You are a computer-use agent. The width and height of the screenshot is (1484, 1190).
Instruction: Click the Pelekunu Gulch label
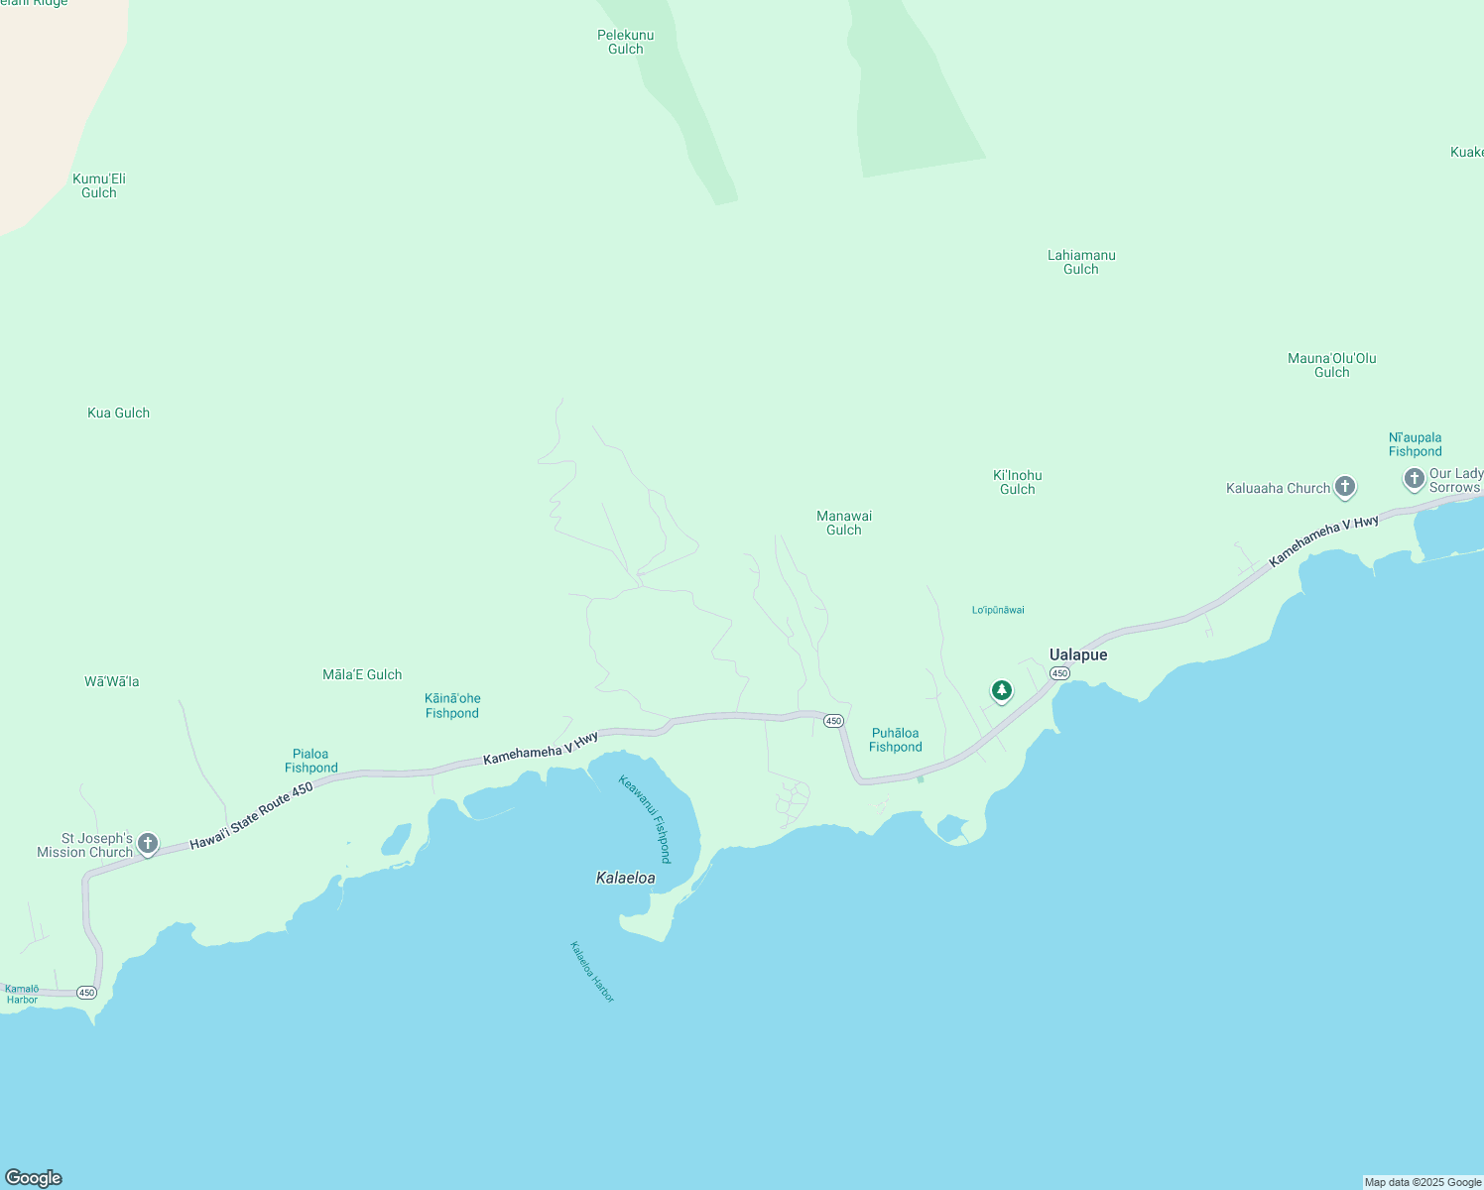click(626, 42)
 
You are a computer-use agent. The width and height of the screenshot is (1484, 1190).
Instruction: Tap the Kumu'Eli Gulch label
click(99, 185)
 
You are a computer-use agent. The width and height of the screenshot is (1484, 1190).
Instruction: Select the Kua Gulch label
click(118, 413)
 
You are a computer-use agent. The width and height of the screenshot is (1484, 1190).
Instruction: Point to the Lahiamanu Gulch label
click(1081, 262)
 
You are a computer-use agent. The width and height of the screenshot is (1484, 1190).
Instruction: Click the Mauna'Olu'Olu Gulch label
click(1331, 365)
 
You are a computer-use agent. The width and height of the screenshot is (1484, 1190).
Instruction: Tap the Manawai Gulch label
click(844, 523)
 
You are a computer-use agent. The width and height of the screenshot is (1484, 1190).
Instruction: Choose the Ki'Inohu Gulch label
click(1017, 482)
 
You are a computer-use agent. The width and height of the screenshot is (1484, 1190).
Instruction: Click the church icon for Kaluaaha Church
click(1344, 487)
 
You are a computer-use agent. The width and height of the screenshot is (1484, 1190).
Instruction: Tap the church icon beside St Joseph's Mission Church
click(148, 844)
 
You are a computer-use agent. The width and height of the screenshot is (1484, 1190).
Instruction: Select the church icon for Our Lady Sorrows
click(1414, 479)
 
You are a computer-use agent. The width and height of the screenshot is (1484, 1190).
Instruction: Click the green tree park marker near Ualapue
click(1002, 690)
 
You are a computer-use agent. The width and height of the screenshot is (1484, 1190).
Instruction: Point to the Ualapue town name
click(1078, 654)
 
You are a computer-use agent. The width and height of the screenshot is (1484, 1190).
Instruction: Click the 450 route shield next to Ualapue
click(1059, 673)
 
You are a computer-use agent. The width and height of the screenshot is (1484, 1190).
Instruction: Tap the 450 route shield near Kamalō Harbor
click(86, 993)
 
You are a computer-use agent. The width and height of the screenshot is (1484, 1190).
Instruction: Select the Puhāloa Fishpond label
click(895, 740)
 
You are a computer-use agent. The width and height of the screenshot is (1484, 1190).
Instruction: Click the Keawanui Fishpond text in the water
click(645, 819)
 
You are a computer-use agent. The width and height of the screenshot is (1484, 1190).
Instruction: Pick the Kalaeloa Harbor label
click(592, 972)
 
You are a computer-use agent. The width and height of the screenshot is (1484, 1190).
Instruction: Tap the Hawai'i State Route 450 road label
click(251, 816)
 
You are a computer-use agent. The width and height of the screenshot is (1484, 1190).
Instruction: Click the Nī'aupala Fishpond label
click(1415, 444)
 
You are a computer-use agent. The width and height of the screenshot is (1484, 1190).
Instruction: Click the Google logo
click(34, 1177)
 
